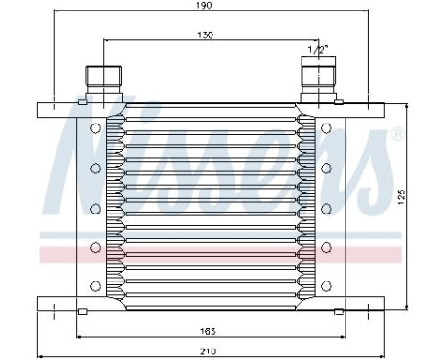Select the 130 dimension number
[x=204, y=35]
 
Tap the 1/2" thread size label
[x=316, y=48]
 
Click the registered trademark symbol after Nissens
[x=397, y=135]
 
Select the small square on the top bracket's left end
[x=82, y=102]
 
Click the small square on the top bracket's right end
[x=338, y=102]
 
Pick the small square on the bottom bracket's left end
[x=82, y=312]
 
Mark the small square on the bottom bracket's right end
[x=338, y=312]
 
